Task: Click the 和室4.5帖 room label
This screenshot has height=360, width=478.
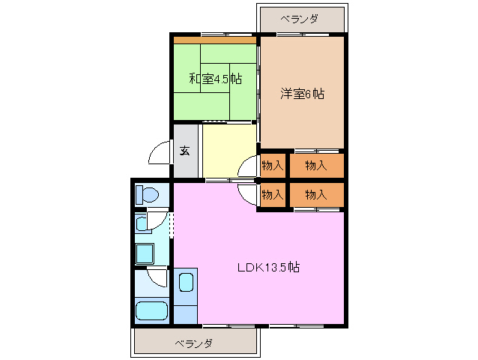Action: tap(215, 79)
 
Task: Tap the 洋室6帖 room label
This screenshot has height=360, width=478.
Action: tap(302, 94)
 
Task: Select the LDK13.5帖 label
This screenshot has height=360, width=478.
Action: tap(269, 267)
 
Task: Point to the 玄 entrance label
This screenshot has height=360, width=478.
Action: tap(184, 150)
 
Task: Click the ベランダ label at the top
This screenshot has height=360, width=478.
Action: tap(302, 19)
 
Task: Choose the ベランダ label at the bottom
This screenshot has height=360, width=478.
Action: tap(194, 343)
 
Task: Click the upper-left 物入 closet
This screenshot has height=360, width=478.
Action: tap(272, 165)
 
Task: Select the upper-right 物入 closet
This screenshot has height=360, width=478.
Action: tap(316, 165)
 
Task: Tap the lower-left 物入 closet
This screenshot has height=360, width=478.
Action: tap(272, 194)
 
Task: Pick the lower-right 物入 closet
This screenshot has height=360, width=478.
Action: tap(316, 194)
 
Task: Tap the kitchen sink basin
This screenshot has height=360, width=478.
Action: tap(186, 283)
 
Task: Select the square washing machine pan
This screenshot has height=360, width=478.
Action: tap(144, 253)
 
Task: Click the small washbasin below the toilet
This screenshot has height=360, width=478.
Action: tap(142, 223)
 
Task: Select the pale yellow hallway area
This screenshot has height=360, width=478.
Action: tap(229, 150)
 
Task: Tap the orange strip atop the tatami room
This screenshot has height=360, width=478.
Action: tap(216, 40)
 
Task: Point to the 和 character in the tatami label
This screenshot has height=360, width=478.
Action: tap(194, 79)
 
